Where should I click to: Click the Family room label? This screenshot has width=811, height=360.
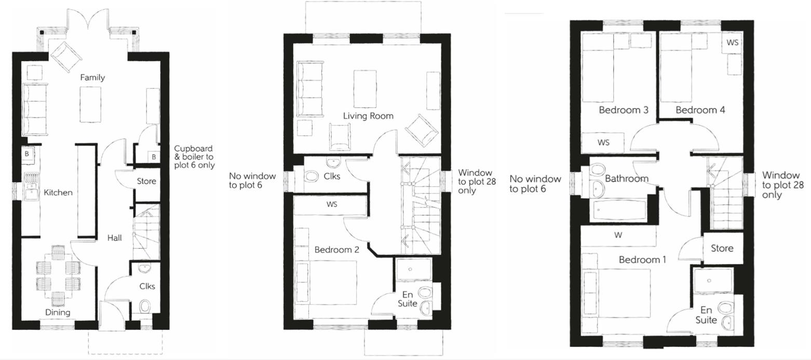click(x=92, y=77)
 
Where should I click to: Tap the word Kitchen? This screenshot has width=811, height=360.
click(x=58, y=193)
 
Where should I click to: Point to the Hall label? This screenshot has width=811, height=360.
click(x=114, y=238)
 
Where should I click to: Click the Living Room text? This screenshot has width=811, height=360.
click(x=368, y=116)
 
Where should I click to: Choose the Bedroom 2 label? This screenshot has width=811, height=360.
click(x=336, y=250)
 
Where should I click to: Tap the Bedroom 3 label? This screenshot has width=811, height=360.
click(x=623, y=110)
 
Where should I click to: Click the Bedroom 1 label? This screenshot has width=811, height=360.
click(x=642, y=259)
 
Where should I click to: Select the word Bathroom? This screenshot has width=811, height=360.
click(x=627, y=179)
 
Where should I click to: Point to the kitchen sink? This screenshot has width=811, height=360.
click(x=31, y=190)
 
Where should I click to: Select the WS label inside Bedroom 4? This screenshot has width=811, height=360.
click(x=732, y=43)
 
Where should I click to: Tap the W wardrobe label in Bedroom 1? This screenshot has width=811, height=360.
click(x=618, y=235)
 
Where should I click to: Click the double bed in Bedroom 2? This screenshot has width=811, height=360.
click(x=326, y=283)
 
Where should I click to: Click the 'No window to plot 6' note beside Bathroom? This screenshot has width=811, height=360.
click(x=535, y=184)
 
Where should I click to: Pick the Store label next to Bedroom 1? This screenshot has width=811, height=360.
click(x=722, y=248)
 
